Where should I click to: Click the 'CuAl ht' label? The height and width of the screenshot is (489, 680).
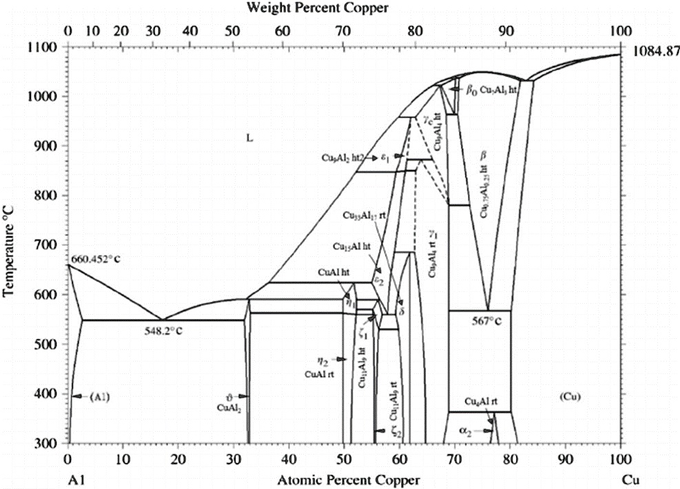pos(336,273)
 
